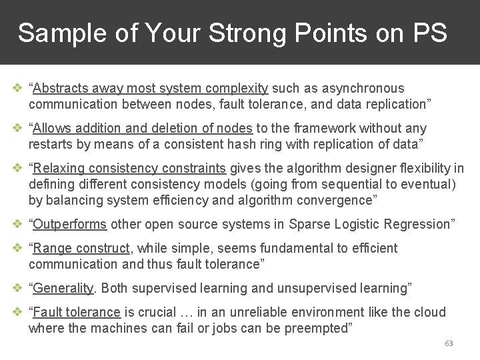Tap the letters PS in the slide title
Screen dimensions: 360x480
[430, 33]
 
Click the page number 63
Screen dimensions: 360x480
[449, 343]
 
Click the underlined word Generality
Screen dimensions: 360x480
[65, 288]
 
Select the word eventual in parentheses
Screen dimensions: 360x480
[423, 184]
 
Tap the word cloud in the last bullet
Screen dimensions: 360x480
[429, 312]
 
